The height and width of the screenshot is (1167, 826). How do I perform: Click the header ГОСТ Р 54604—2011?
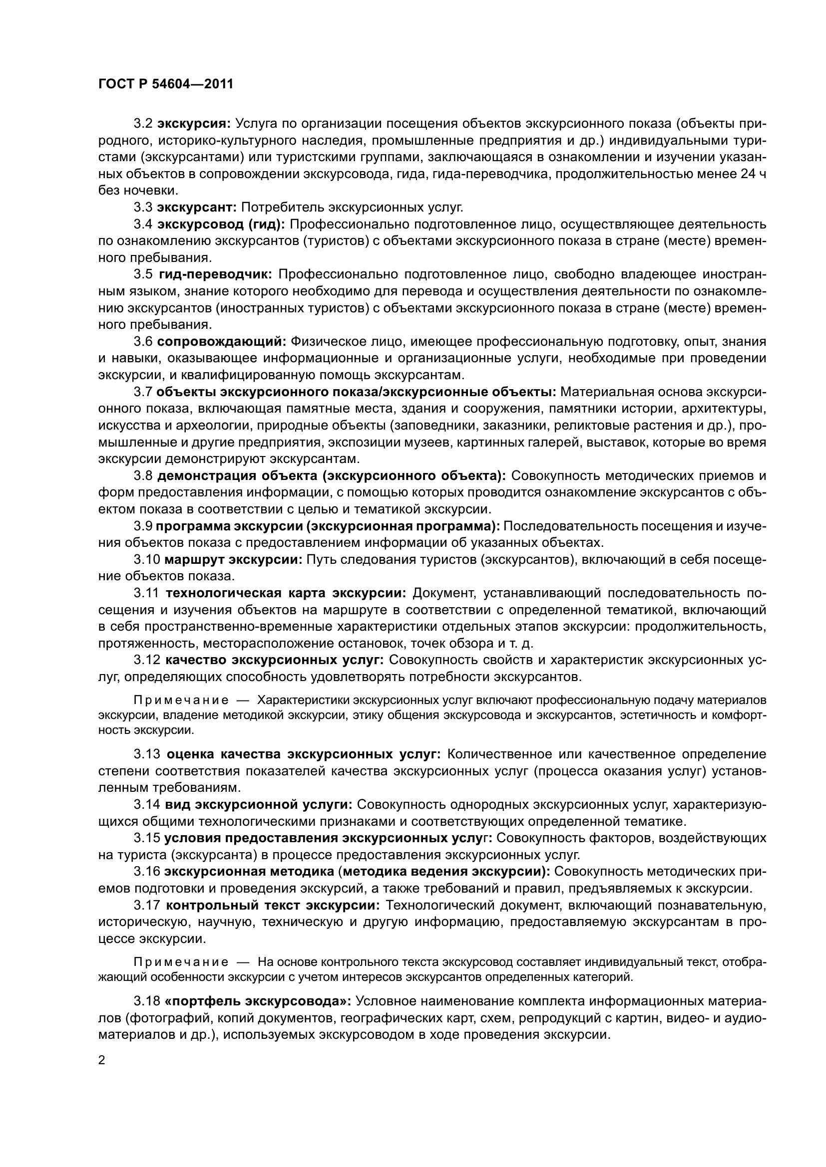[166, 84]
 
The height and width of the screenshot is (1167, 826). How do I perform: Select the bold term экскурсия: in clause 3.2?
[194, 124]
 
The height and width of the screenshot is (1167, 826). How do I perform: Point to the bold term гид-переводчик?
[216, 274]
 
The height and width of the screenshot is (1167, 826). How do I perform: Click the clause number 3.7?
[143, 392]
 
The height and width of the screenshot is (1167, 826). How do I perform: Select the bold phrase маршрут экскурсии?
[233, 560]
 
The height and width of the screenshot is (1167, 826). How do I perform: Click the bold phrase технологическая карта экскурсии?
[286, 593]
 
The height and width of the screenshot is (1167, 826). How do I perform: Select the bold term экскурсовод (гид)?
[221, 224]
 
